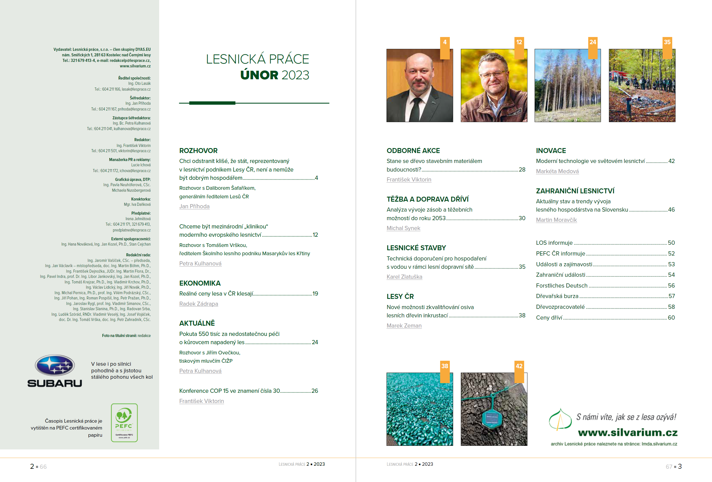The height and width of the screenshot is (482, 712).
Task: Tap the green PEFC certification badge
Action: (x=124, y=423)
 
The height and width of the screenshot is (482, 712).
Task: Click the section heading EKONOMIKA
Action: (x=200, y=283)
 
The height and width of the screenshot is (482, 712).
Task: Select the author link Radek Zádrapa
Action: (x=199, y=304)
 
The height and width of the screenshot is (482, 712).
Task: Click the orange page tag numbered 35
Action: (x=667, y=42)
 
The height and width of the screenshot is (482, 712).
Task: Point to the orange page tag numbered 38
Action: (x=445, y=366)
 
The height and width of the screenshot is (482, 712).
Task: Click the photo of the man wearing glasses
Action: (x=494, y=85)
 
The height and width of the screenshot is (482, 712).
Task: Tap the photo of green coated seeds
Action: (x=419, y=409)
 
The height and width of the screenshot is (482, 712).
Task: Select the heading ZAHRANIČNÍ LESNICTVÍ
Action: (x=575, y=191)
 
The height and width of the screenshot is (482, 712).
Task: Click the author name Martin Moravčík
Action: (x=556, y=220)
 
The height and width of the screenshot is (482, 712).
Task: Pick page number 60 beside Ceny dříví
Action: (x=671, y=318)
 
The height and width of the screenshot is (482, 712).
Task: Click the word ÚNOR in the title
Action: (x=259, y=75)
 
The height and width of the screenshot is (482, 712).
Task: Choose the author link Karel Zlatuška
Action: (x=404, y=277)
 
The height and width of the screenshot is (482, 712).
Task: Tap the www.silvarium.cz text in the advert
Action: (x=627, y=432)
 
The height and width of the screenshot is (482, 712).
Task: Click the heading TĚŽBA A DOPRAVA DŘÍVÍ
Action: (x=427, y=199)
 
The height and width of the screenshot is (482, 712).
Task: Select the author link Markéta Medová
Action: (x=557, y=171)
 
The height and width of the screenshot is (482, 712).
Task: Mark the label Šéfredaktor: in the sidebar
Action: (x=140, y=98)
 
